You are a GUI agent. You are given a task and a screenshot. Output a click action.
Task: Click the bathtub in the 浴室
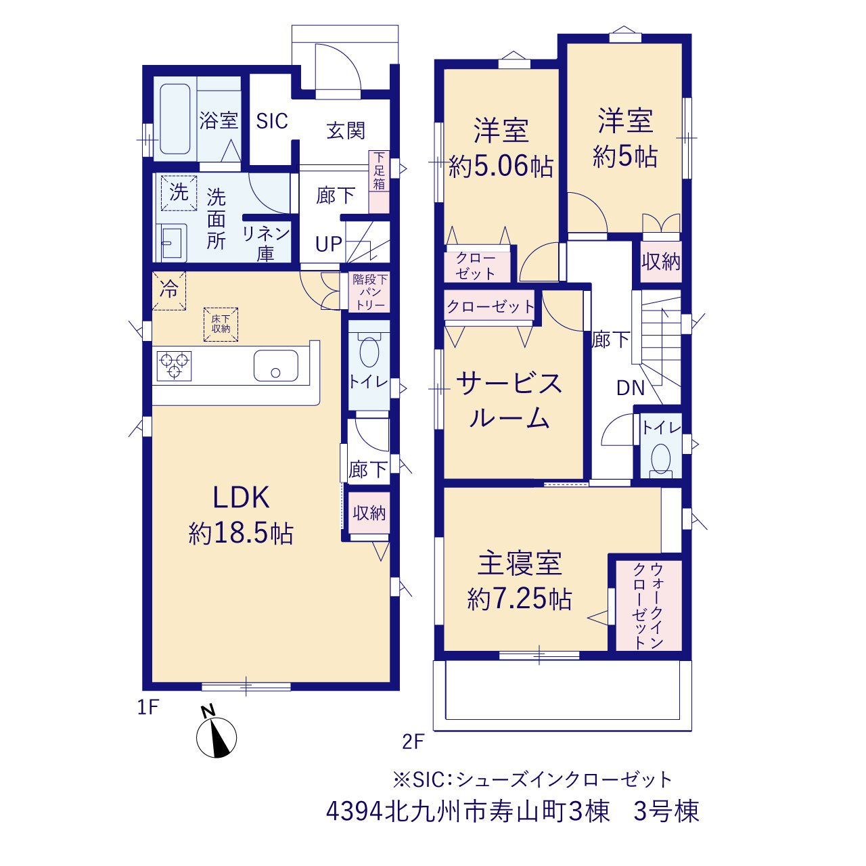[x=175, y=119]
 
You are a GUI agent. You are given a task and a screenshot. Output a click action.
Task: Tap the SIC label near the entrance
[x=272, y=121]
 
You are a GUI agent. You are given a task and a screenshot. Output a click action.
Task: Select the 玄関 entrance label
[x=346, y=131]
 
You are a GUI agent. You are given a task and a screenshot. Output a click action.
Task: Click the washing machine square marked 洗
[x=179, y=193]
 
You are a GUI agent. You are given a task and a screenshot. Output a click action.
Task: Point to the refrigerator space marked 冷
[x=169, y=290]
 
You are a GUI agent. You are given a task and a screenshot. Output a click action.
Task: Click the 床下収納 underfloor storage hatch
[x=221, y=324]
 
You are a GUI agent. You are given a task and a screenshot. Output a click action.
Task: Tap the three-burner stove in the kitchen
[x=174, y=366]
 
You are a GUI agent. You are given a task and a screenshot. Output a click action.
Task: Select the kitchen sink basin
[x=275, y=365]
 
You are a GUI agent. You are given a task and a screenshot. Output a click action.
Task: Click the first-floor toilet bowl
[x=369, y=351]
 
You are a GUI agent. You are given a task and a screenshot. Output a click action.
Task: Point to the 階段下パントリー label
[x=370, y=292]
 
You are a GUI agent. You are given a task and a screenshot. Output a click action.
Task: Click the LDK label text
[x=241, y=497]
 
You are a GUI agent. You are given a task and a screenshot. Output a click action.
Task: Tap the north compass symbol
[x=216, y=737]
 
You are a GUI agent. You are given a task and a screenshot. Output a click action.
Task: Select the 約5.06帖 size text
[x=501, y=166]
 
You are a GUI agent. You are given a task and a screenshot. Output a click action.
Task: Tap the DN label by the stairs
[x=631, y=388]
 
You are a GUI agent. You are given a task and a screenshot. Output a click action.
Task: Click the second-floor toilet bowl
[x=660, y=459]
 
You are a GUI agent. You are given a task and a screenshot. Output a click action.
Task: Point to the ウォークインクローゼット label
[x=648, y=606]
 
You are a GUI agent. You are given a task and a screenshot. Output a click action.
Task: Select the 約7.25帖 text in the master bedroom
[x=520, y=599]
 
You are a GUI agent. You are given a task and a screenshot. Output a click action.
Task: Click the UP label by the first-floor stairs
[x=329, y=244]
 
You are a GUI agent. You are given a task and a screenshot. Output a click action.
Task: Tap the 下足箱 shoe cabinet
[x=380, y=181]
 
